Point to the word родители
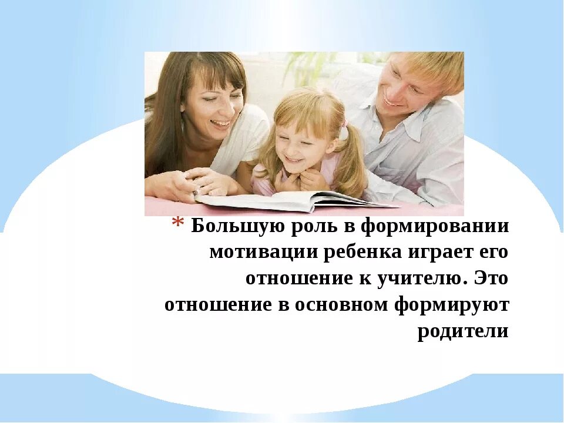tap(463, 331)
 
